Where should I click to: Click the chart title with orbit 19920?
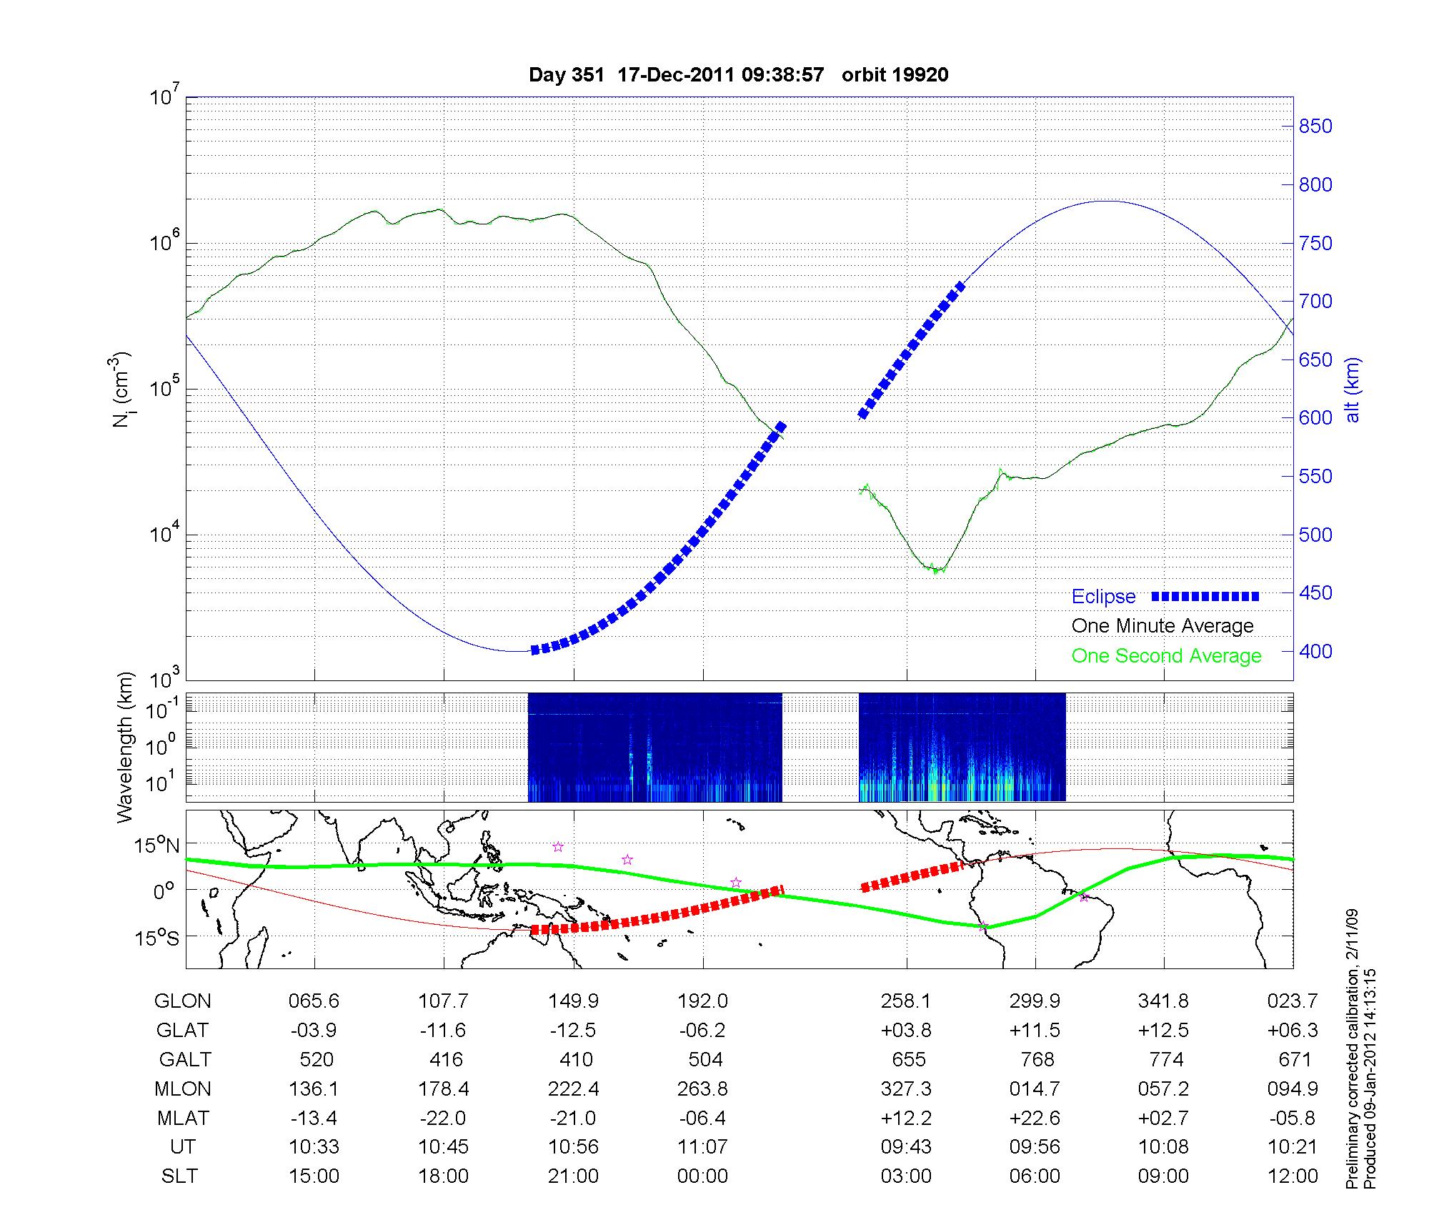(x=738, y=75)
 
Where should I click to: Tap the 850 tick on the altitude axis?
(x=1315, y=127)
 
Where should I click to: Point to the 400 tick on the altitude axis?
(x=1315, y=651)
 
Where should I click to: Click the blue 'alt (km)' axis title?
(x=1353, y=390)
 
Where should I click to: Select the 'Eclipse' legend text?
(x=1103, y=597)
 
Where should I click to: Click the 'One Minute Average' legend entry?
(x=1162, y=626)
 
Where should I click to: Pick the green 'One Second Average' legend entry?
(x=1166, y=656)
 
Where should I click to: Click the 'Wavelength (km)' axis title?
(x=125, y=747)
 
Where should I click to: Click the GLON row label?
(x=182, y=1001)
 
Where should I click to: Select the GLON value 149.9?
(x=574, y=1001)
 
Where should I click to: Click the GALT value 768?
(x=1037, y=1059)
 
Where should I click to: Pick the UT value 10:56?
(x=573, y=1147)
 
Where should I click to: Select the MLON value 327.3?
(x=906, y=1088)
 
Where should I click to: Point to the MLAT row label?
(x=182, y=1118)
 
